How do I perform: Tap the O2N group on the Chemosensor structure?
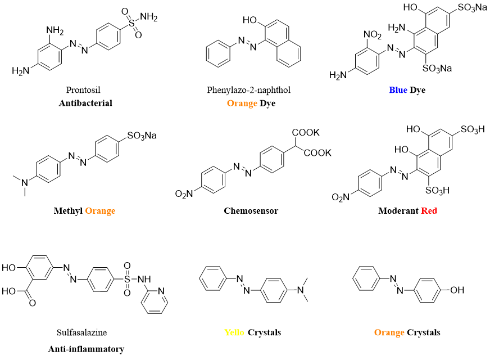coord(185,194)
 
